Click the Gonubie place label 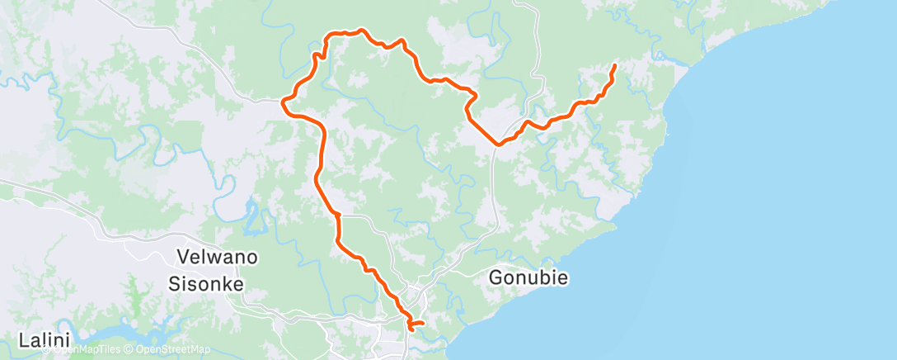(528, 277)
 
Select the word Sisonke (206, 283)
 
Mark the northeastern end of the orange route (615, 64)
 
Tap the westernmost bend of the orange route (283, 103)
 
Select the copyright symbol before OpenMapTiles (47, 350)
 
